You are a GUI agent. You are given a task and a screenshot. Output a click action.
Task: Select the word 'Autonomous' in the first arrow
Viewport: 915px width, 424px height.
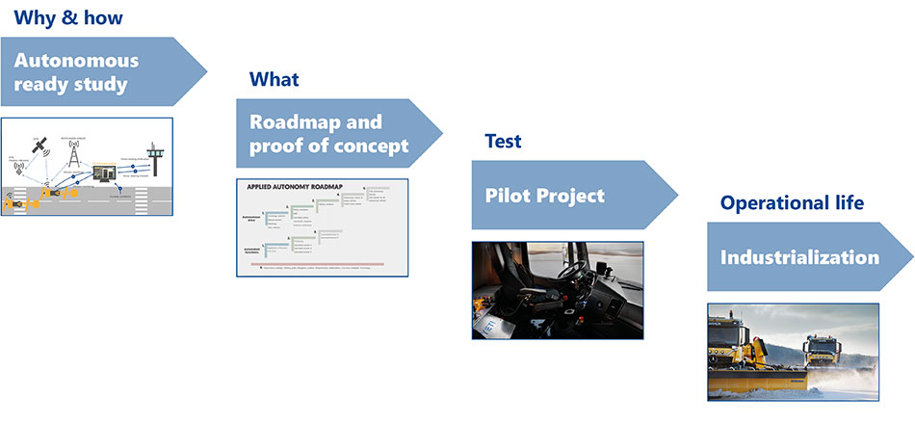(76, 61)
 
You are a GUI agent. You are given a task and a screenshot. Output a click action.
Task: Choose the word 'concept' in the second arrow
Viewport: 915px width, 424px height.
(371, 146)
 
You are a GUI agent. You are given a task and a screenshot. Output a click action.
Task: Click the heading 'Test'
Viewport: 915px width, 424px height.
(503, 142)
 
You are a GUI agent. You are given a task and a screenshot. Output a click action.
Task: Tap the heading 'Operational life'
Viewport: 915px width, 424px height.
(792, 203)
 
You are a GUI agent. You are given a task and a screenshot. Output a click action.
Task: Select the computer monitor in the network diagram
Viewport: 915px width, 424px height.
(104, 173)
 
